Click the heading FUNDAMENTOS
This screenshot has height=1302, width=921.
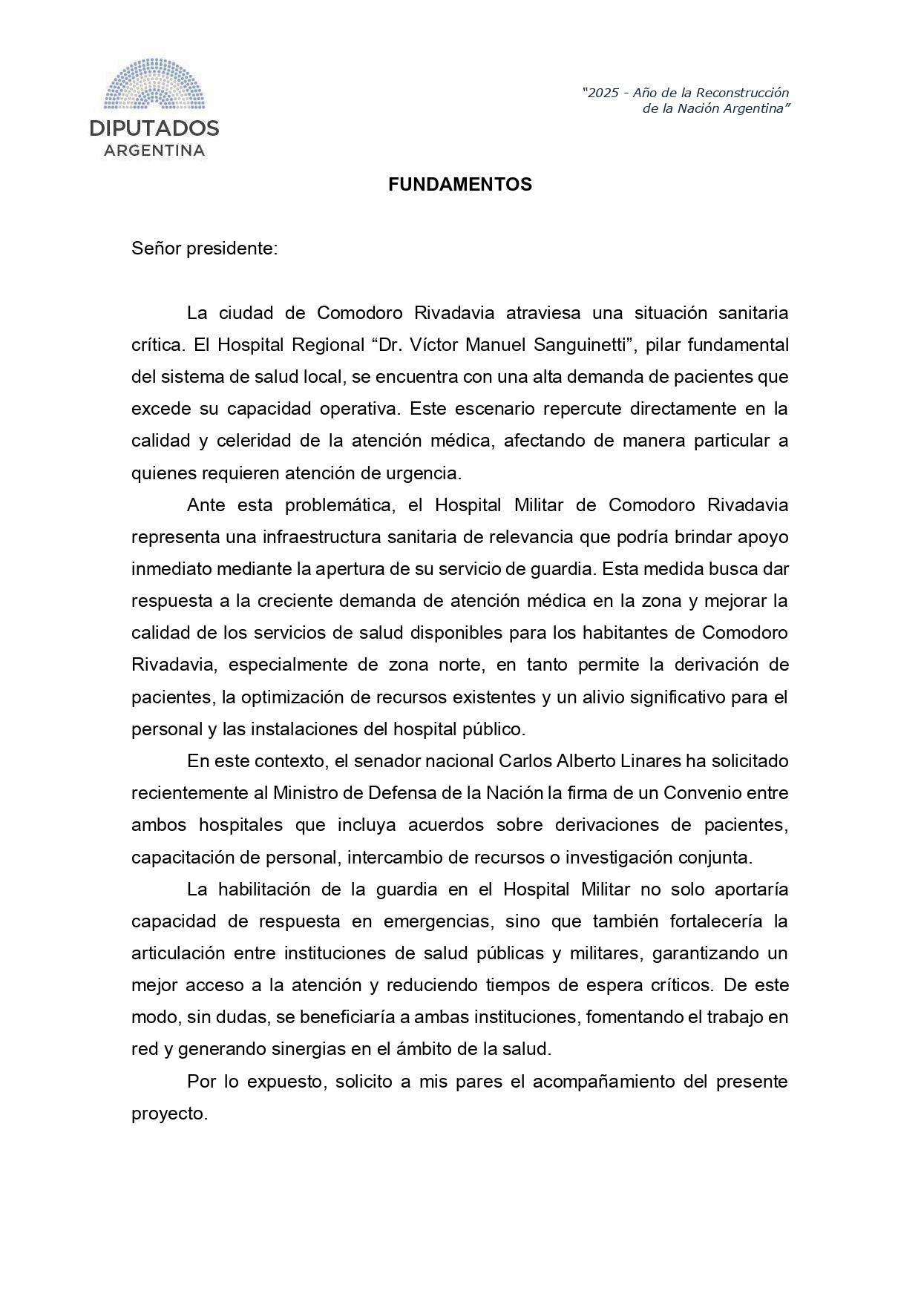point(460,185)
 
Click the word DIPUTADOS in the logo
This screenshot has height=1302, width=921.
point(154,128)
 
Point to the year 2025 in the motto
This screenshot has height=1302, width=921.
point(603,93)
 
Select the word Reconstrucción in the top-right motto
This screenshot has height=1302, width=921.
point(743,93)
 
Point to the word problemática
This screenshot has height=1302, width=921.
point(338,505)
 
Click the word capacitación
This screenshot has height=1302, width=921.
point(177,858)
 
